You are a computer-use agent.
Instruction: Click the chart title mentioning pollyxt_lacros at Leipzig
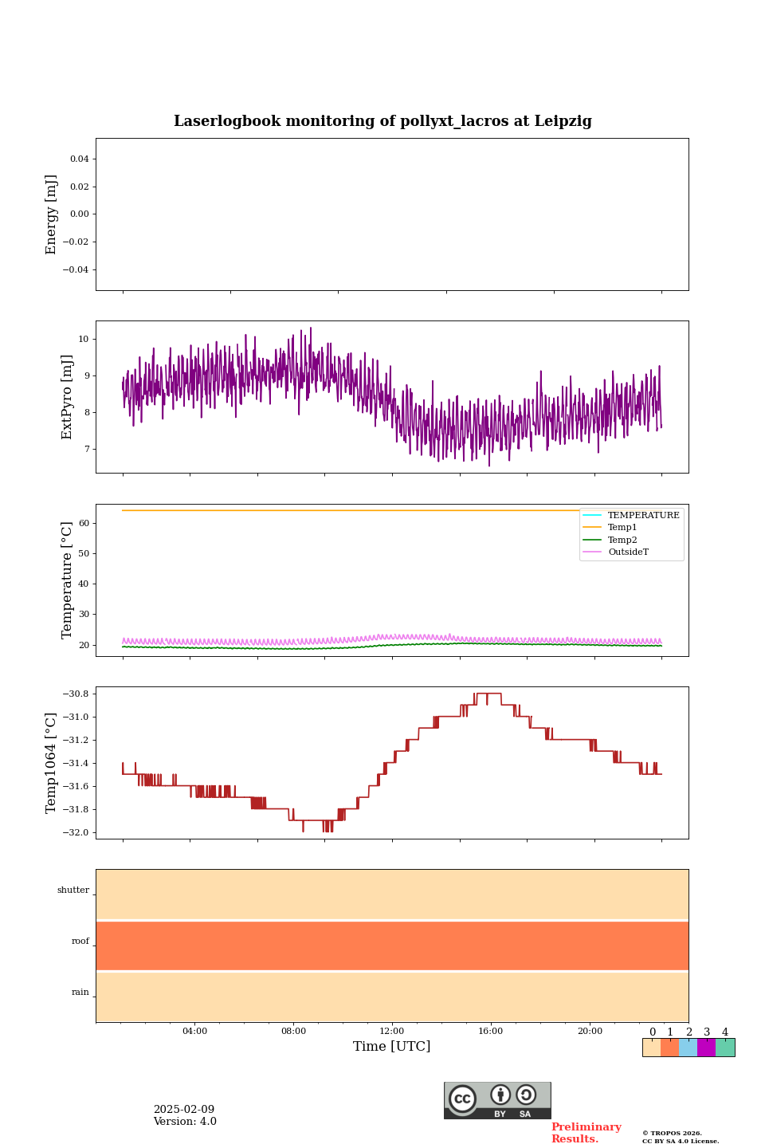coord(382,121)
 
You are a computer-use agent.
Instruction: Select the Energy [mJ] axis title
coord(52,214)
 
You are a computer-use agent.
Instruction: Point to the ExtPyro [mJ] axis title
coord(67,397)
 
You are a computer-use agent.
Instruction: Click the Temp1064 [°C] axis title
coord(52,763)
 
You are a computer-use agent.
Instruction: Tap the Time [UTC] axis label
coord(391,1046)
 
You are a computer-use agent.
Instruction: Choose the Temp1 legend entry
coord(622,528)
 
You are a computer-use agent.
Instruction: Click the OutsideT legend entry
coord(628,552)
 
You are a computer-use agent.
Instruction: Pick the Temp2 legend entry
coord(622,541)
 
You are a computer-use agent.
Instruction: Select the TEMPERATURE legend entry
coord(643,516)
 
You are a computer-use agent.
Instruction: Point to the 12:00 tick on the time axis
coord(392,1031)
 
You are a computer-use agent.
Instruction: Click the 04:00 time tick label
coord(194,1031)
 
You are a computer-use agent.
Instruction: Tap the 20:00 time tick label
coord(590,1031)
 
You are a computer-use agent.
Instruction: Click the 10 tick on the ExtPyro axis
coord(83,340)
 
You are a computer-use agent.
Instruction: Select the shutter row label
coord(73,890)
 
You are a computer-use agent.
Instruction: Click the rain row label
coord(80,993)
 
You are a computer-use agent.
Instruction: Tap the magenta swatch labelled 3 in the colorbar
coord(706,1048)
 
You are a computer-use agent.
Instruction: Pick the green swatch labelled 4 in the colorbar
coord(725,1048)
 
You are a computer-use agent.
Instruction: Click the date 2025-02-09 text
coord(184,1110)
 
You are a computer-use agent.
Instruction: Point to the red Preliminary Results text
coord(586,1133)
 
